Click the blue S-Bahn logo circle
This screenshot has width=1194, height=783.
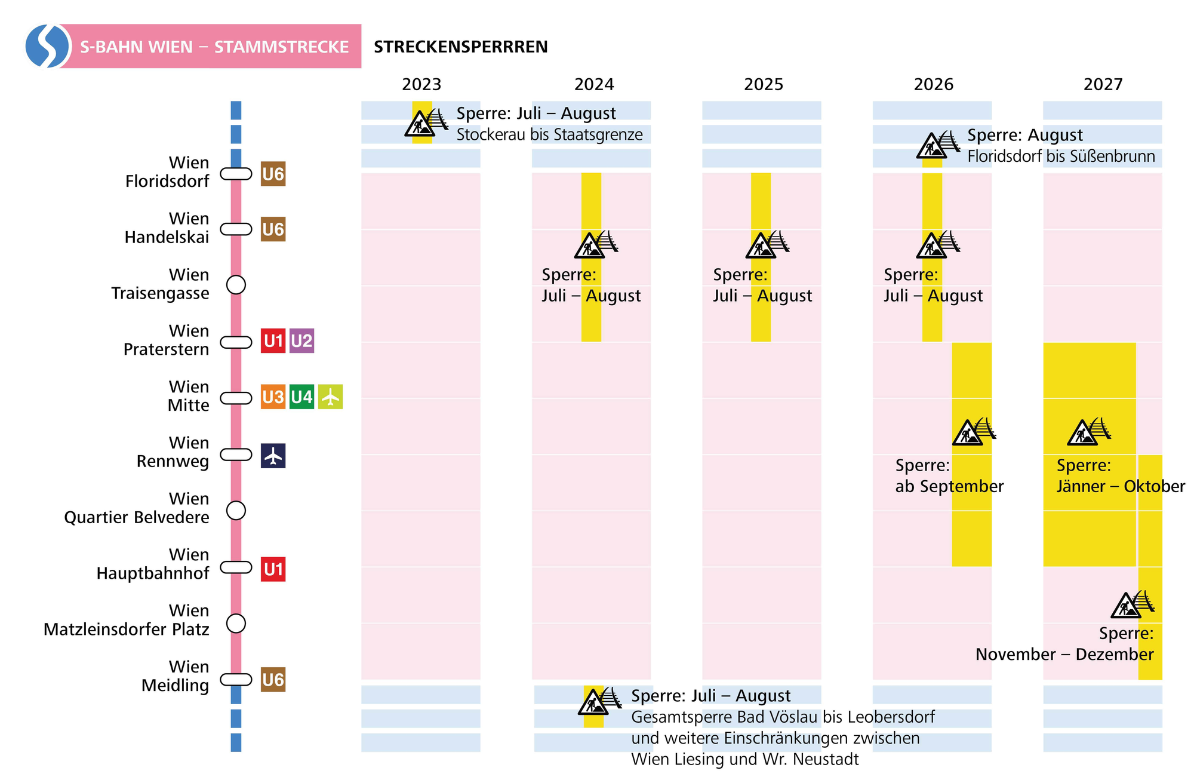pyautogui.click(x=47, y=46)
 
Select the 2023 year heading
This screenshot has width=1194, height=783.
pyautogui.click(x=421, y=84)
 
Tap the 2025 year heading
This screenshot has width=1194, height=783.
pyautogui.click(x=763, y=84)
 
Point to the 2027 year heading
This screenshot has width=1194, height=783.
pyautogui.click(x=1103, y=84)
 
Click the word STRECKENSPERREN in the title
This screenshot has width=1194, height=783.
pyautogui.click(x=460, y=47)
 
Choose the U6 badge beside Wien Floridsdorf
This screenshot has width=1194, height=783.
pyautogui.click(x=273, y=174)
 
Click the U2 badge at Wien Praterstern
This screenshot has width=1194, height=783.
pyautogui.click(x=301, y=341)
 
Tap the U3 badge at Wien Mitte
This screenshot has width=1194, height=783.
pyautogui.click(x=273, y=397)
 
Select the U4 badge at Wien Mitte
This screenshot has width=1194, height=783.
pyautogui.click(x=301, y=397)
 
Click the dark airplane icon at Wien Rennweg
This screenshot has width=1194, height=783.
pyautogui.click(x=273, y=456)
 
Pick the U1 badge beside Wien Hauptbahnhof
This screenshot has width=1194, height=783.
pyautogui.click(x=273, y=569)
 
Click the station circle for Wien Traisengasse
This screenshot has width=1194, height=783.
pyautogui.click(x=236, y=285)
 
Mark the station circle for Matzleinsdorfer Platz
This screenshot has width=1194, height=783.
pyautogui.click(x=236, y=624)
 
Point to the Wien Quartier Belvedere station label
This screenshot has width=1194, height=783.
pyautogui.click(x=137, y=508)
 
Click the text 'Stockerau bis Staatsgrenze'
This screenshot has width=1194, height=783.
pyautogui.click(x=549, y=134)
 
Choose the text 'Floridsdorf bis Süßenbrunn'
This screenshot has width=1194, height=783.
pyautogui.click(x=1061, y=156)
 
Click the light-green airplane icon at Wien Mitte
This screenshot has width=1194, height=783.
pyautogui.click(x=330, y=397)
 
